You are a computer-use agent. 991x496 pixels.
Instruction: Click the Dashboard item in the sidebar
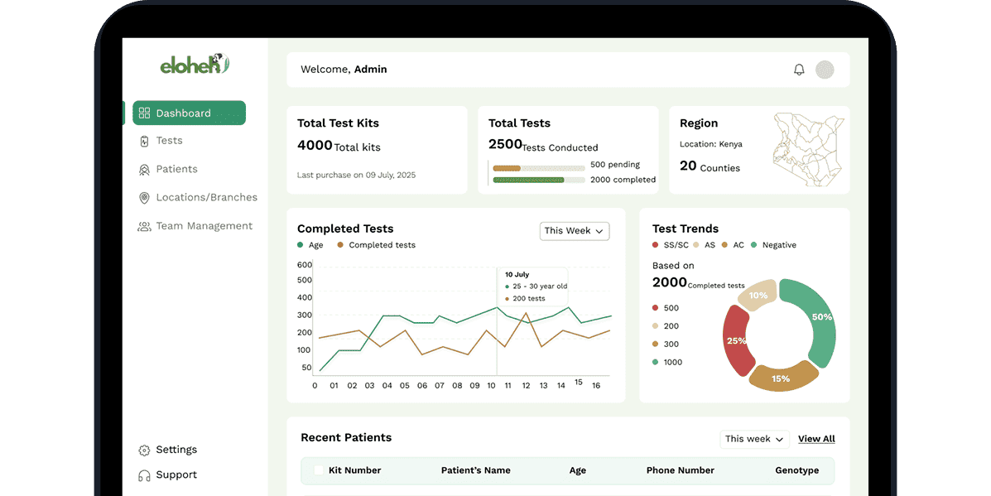click(x=189, y=113)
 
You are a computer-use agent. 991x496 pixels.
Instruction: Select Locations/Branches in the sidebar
click(x=206, y=197)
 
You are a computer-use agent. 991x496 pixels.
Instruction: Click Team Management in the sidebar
click(x=204, y=226)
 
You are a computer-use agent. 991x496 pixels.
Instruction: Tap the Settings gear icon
click(x=144, y=450)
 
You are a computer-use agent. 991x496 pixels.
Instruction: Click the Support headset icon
click(x=144, y=475)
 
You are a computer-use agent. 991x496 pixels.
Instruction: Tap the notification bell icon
click(x=799, y=70)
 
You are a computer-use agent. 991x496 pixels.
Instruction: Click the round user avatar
click(x=825, y=70)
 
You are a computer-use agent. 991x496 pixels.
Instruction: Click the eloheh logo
click(x=195, y=64)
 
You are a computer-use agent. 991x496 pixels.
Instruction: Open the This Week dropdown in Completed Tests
click(x=575, y=231)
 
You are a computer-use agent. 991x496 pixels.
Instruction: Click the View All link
click(x=816, y=439)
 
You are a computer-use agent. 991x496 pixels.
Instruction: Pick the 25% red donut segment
click(x=735, y=340)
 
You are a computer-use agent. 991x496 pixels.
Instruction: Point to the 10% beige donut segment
click(x=757, y=296)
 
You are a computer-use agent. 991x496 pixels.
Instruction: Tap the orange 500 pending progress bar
click(x=507, y=168)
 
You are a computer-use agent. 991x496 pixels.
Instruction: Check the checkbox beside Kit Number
click(x=319, y=470)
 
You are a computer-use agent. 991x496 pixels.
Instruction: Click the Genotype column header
click(x=796, y=470)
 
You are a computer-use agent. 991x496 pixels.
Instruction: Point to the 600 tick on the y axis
click(x=305, y=265)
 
